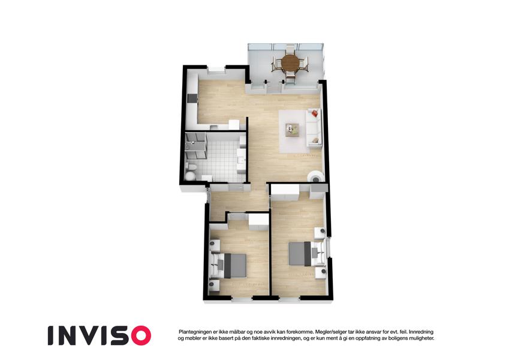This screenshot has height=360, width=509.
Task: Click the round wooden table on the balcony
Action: (290, 62)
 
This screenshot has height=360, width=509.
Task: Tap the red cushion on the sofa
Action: (314, 113)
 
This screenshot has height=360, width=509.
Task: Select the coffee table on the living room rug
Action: (292, 130)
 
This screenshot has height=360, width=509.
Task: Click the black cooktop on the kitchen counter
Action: (191, 98)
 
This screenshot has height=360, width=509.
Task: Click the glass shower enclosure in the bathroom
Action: (195, 145)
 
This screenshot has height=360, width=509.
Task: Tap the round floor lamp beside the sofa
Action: (315, 177)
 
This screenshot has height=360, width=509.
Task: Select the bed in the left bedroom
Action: (228, 266)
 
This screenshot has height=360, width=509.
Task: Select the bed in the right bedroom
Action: (307, 253)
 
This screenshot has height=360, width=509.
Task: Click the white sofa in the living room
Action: (314, 128)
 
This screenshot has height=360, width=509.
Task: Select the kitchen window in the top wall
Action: (216, 69)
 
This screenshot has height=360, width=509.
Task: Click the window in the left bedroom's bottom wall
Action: (242, 298)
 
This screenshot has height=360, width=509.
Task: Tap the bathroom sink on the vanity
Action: (241, 160)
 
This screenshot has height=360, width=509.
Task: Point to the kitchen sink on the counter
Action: (213, 127)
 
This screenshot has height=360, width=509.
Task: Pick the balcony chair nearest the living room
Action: (290, 79)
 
